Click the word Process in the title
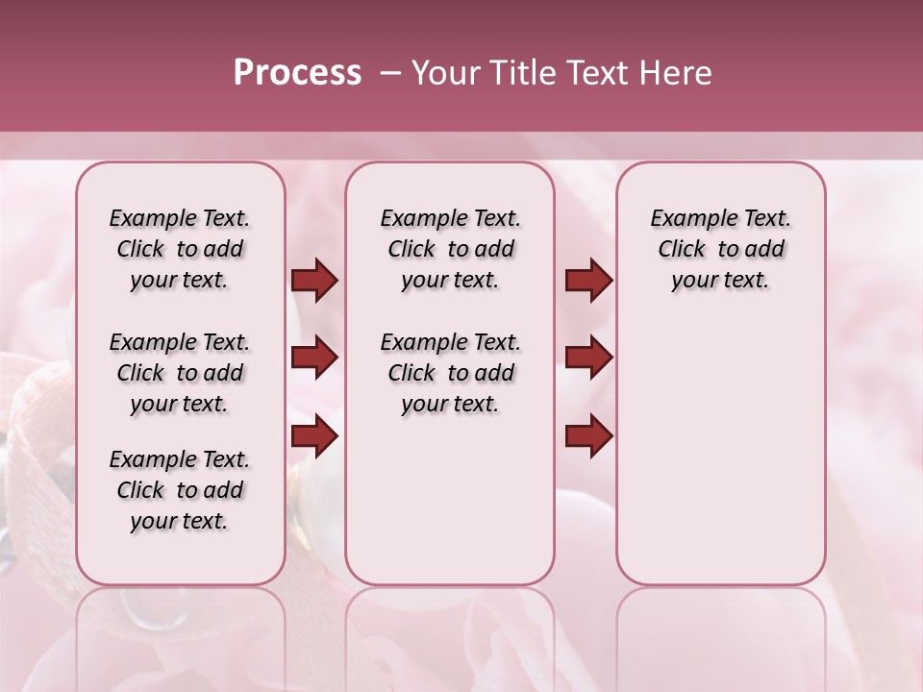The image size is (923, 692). coord(297,73)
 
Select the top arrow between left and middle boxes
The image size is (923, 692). coord(314,281)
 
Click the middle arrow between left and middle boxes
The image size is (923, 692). coord(314,358)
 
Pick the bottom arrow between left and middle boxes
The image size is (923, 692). coord(314,435)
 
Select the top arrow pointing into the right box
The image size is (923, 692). coord(588,281)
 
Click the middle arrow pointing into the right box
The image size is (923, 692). coord(588,358)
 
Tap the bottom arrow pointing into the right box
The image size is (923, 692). coord(588,435)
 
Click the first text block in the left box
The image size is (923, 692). coord(180,249)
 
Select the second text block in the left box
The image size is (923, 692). coord(180,373)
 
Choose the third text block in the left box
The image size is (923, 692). coord(180,490)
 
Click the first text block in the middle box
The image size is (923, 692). coord(450,249)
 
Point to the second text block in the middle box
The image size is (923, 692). coord(450,373)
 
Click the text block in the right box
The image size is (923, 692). coord(721,249)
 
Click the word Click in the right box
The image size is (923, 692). coord(682,249)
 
